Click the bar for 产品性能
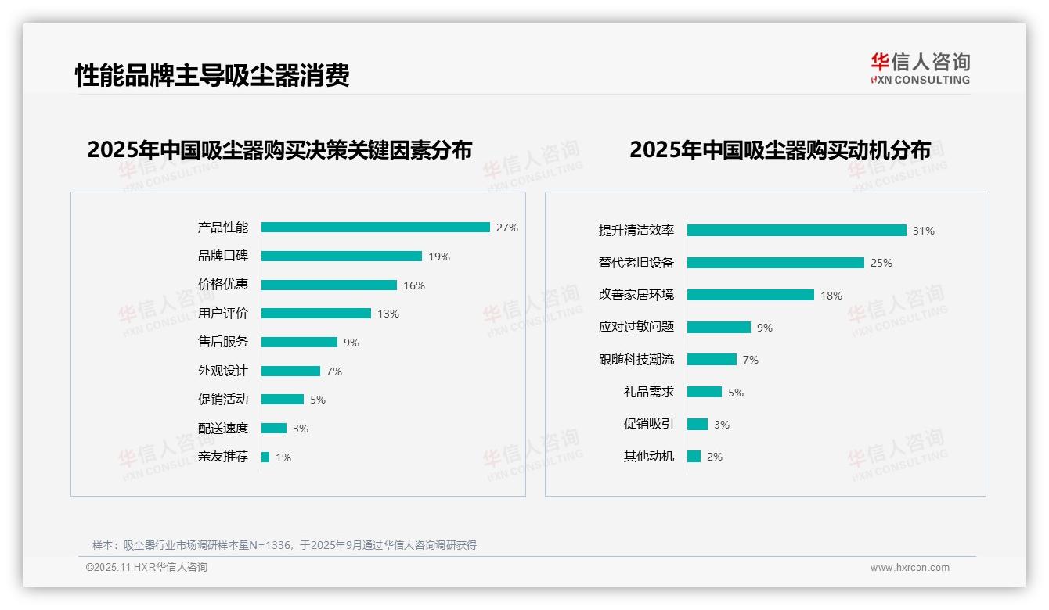tap(375, 228)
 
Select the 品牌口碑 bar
tap(341, 257)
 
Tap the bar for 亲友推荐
tap(265, 457)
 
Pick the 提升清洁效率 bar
tap(796, 231)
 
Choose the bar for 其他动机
tap(694, 457)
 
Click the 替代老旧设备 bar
tap(775, 263)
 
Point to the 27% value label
tap(507, 228)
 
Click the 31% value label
tap(924, 231)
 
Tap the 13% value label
tap(388, 314)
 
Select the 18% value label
tap(831, 296)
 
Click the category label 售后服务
tap(223, 342)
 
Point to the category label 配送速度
tap(223, 428)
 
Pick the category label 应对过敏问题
tap(636, 327)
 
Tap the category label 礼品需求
tap(649, 392)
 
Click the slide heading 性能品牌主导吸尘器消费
tap(212, 75)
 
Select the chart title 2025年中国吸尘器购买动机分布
tap(780, 150)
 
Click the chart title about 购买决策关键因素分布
tap(279, 150)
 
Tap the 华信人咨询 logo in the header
tap(921, 68)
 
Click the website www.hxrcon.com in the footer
tap(910, 568)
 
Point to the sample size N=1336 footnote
tap(284, 545)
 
